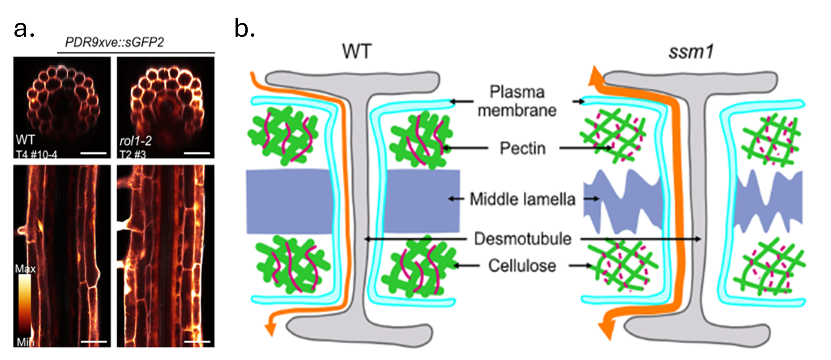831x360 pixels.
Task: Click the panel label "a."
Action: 24,29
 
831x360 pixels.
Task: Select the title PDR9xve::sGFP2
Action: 114,42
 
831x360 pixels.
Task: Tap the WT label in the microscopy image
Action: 25,140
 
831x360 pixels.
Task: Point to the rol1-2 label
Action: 136,140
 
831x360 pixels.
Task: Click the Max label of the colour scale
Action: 25,269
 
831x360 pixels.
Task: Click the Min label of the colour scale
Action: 25,342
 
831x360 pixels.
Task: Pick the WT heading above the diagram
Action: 357,52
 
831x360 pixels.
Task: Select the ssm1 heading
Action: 691,52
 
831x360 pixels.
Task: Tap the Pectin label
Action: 523,149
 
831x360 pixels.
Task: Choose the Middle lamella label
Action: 522,199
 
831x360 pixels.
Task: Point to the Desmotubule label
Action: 523,239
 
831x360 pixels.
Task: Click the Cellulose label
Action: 522,266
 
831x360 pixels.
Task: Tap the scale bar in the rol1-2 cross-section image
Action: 197,153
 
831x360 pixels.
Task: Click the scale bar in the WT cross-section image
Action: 93,153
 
